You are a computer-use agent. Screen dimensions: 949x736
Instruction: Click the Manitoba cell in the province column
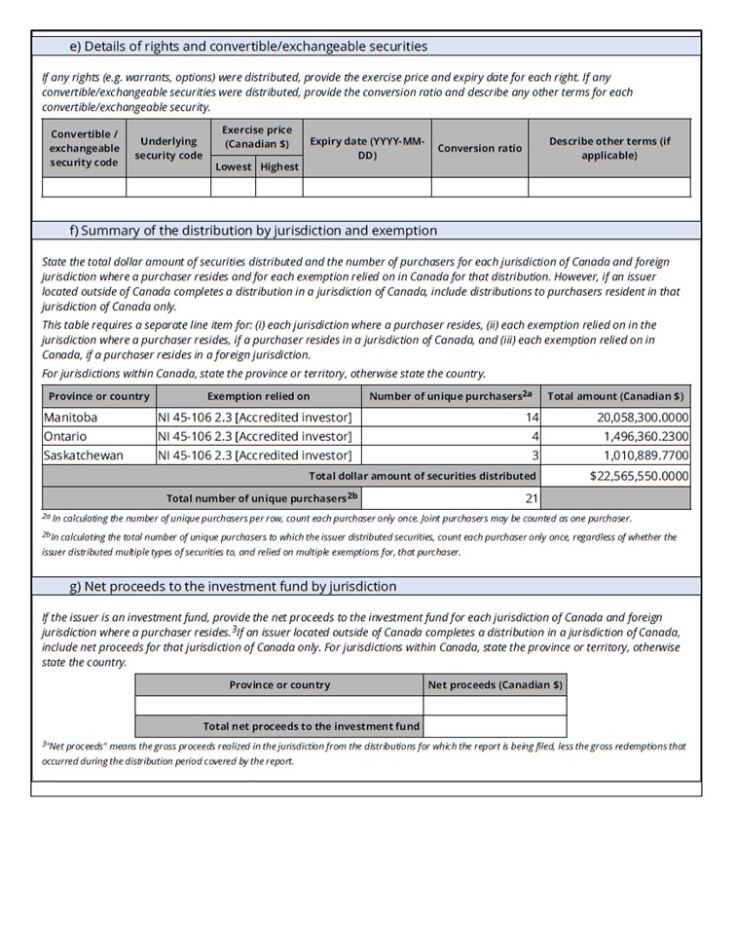click(71, 417)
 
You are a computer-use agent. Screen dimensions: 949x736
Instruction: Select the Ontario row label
click(65, 436)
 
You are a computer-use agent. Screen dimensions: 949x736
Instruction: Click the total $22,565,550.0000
click(640, 475)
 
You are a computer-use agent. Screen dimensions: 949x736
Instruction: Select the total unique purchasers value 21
click(532, 498)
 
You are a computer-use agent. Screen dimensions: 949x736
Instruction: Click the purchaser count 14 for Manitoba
click(532, 417)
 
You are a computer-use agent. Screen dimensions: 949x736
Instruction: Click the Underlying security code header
click(168, 148)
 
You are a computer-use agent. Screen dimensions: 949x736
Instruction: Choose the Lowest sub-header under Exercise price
click(233, 166)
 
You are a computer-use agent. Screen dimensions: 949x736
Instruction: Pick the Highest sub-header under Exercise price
click(279, 166)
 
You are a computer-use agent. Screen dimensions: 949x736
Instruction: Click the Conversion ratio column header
click(479, 148)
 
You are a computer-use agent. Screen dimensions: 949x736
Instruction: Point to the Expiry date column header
click(367, 148)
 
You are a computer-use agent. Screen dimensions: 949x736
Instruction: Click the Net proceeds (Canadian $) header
click(495, 684)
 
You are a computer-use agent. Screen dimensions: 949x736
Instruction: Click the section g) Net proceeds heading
click(233, 586)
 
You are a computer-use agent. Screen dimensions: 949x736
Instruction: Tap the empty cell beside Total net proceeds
click(495, 726)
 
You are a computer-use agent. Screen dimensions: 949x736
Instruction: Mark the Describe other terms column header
click(609, 148)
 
